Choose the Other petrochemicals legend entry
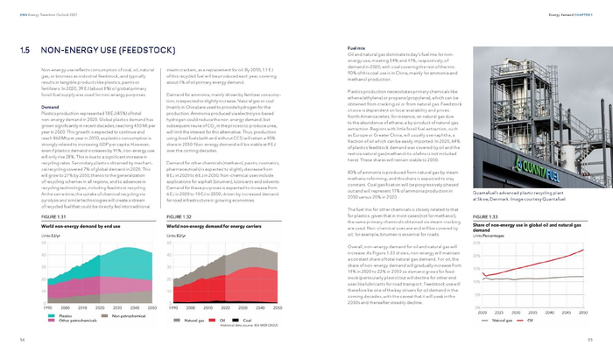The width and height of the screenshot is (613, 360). point(74,321)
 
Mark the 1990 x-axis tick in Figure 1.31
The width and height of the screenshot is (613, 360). point(48,308)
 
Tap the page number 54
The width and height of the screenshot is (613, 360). point(22,337)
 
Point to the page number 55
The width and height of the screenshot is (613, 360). point(590,337)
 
